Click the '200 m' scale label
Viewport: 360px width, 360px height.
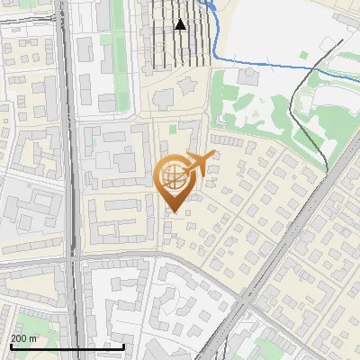(24, 338)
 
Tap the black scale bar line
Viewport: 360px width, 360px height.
(67, 347)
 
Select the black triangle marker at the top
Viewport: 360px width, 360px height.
(181, 24)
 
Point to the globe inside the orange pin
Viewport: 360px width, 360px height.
(172, 178)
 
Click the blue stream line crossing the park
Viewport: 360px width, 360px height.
(270, 65)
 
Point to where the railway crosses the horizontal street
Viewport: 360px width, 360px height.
(76, 259)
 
